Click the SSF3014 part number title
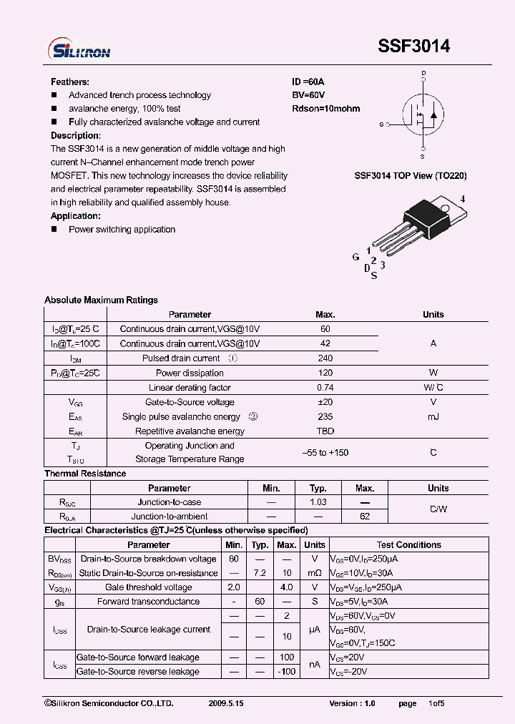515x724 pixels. (414, 47)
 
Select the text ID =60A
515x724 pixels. (308, 82)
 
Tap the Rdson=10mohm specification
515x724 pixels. (325, 109)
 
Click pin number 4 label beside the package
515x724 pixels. (463, 199)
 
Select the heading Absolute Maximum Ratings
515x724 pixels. (101, 300)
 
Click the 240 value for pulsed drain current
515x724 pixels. (325, 358)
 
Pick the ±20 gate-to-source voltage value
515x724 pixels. (325, 402)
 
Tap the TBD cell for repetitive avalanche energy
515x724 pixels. (325, 431)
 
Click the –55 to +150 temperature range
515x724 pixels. (325, 453)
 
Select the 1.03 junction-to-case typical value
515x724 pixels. (318, 502)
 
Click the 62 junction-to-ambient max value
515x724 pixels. (365, 517)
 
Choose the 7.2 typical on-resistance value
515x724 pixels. (260, 573)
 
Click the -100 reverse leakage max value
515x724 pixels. (287, 672)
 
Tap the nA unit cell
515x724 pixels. (314, 665)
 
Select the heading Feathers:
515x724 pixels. (70, 82)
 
